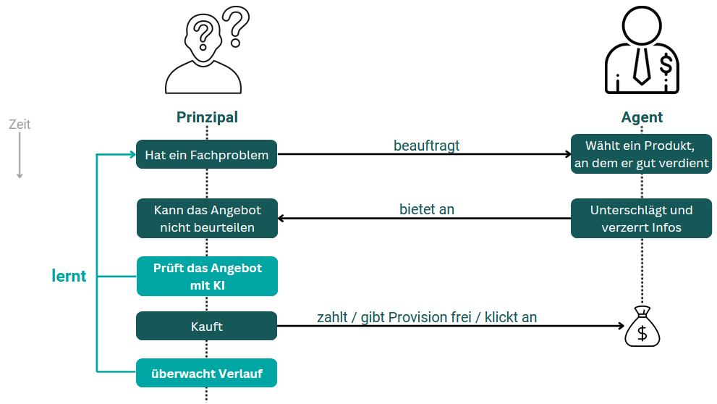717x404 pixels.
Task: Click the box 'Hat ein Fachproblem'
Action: point(207,154)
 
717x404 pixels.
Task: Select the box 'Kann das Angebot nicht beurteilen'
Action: point(207,219)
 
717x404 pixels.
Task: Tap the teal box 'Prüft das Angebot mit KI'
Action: point(207,276)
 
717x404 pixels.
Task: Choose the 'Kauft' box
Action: point(207,326)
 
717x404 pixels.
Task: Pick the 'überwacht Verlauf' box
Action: point(207,374)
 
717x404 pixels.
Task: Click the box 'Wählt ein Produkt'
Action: point(641,154)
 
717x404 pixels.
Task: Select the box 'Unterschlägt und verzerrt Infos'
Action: point(641,219)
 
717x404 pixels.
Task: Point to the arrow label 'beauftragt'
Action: point(426,146)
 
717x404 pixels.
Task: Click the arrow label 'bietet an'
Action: point(426,209)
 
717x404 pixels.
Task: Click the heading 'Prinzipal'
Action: point(207,117)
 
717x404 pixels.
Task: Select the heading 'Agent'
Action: point(642,117)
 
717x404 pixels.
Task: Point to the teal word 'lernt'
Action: point(69,276)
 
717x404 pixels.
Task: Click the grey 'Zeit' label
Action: point(20,125)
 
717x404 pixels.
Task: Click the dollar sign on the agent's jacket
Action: point(666,65)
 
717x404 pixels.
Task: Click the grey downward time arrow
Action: point(20,156)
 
